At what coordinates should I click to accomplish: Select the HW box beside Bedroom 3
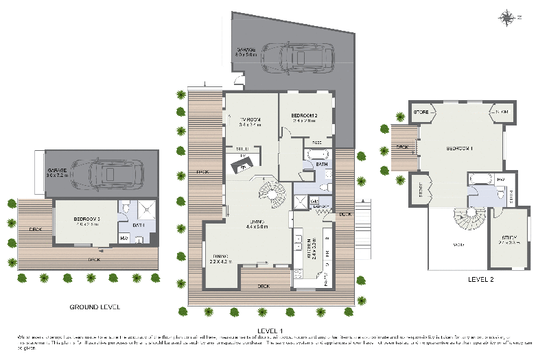pyautogui.click(x=124, y=238)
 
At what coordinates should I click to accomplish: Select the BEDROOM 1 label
pyautogui.click(x=461, y=148)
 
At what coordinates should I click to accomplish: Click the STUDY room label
pyautogui.click(x=508, y=239)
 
